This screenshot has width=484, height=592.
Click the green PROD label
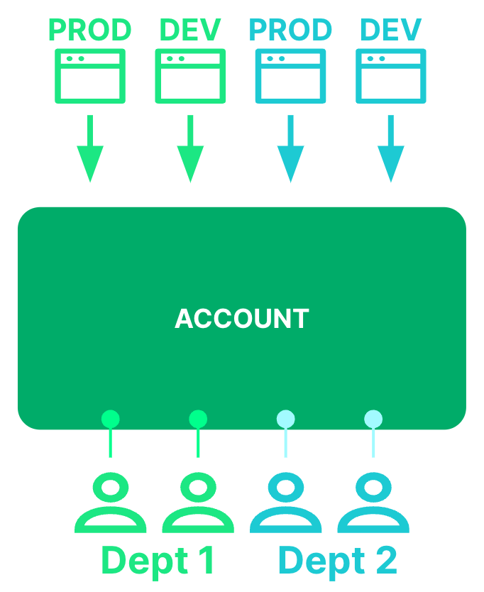pyautogui.click(x=90, y=31)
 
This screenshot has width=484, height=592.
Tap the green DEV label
pyautogui.click(x=190, y=31)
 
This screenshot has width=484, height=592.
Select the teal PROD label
pyautogui.click(x=290, y=31)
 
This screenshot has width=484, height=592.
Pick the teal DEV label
pyautogui.click(x=391, y=31)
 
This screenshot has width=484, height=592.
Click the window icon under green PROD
pyautogui.click(x=90, y=76)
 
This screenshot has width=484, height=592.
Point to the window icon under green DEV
pyautogui.click(x=190, y=76)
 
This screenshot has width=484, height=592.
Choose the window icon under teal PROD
pyautogui.click(x=290, y=76)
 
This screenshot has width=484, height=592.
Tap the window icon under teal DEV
pyautogui.click(x=391, y=76)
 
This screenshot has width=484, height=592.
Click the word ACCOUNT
pyautogui.click(x=242, y=319)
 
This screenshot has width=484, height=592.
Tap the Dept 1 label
pyautogui.click(x=158, y=561)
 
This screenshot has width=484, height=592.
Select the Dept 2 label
pyautogui.click(x=337, y=561)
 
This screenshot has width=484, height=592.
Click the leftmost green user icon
pyautogui.click(x=110, y=505)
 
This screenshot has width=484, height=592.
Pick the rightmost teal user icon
pyautogui.click(x=373, y=505)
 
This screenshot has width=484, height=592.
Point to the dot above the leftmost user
pyautogui.click(x=110, y=419)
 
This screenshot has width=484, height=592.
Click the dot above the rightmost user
pyautogui.click(x=373, y=419)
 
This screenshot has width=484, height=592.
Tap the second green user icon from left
pyautogui.click(x=198, y=505)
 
